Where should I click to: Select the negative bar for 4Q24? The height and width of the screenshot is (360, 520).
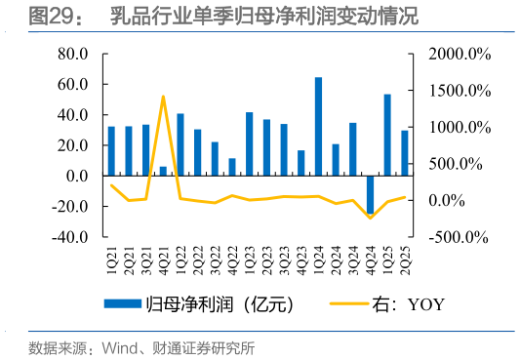point(370,194)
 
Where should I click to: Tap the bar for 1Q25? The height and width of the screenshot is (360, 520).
point(387,135)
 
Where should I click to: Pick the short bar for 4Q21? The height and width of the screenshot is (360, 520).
point(163,171)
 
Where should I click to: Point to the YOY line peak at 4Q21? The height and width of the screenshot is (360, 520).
point(163,97)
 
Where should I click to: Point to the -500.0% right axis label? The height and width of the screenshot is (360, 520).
point(458,237)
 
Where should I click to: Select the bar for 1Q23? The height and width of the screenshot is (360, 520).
point(250,144)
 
